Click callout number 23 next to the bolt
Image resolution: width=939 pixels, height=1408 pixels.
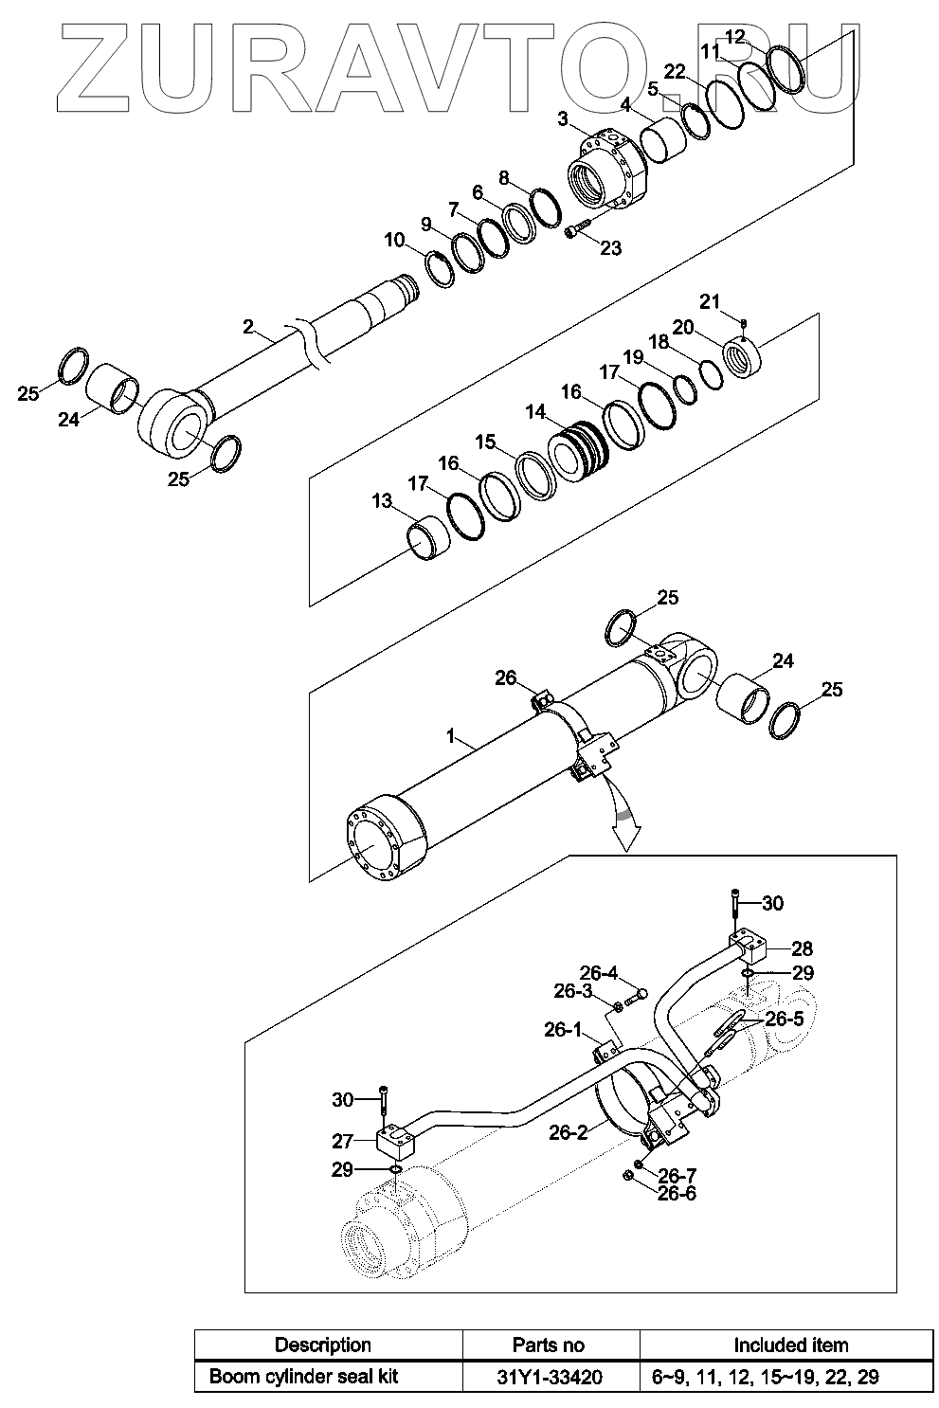pos(610,248)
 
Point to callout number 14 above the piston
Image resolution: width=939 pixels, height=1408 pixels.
pos(535,412)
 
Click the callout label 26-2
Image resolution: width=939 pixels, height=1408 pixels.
pos(569,1132)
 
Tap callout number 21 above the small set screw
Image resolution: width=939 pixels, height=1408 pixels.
pos(710,302)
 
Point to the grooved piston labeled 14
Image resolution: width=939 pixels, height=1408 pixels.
pos(578,452)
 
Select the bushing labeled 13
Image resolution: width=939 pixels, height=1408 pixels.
pos(428,539)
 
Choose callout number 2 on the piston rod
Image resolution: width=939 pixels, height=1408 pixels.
pos(248,327)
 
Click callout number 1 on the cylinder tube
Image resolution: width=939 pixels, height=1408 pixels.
pos(451,735)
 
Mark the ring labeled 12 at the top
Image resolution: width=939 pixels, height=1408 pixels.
pos(786,68)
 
